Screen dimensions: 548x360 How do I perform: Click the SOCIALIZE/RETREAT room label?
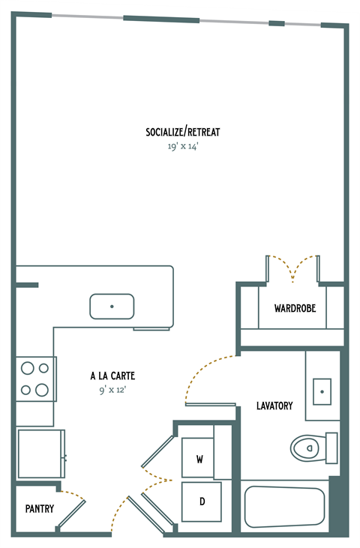click(x=182, y=133)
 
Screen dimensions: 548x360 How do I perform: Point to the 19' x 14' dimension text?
click(x=182, y=147)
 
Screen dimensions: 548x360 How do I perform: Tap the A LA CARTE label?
click(x=112, y=376)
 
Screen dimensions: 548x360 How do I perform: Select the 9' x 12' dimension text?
click(x=112, y=390)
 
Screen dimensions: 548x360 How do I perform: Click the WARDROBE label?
click(x=294, y=308)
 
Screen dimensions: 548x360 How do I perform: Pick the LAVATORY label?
click(x=274, y=406)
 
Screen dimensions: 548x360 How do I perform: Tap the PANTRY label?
click(x=39, y=508)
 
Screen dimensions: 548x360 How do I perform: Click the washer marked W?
click(x=200, y=458)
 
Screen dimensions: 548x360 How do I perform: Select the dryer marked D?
click(x=202, y=501)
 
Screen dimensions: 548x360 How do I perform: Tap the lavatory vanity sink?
click(x=322, y=391)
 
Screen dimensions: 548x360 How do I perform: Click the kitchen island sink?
click(x=112, y=306)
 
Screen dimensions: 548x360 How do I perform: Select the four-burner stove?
click(x=35, y=379)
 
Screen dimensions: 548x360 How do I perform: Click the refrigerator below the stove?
click(x=40, y=454)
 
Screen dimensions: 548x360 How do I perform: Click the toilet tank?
click(x=331, y=448)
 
